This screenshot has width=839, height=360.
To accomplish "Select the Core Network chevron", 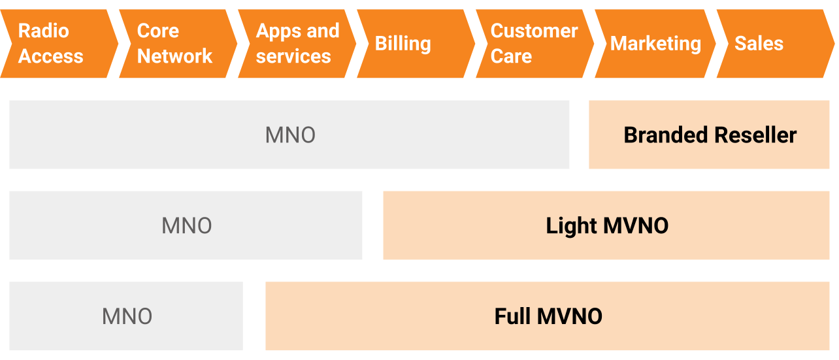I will coord(175,44).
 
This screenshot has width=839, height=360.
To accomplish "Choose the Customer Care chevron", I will coord(533,44).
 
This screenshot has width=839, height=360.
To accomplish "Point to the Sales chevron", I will coord(768,44).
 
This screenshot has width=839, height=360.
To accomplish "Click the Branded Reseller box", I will coord(710,135).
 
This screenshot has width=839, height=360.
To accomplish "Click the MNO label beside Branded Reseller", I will coord(290,135).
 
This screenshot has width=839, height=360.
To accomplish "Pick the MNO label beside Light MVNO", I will coord(186,226).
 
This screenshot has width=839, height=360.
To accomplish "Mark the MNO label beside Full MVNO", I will coord(127,317).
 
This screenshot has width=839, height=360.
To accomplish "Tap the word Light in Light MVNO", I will coord(572,226).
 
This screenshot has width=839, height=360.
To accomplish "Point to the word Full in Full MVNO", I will coord(512,316).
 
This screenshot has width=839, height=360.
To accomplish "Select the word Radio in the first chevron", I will coord(43,31).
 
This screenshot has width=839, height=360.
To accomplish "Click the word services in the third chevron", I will coord(293,56).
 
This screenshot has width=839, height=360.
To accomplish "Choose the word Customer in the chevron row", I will coord(534,31).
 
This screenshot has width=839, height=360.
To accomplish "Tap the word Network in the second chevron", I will coord(174,56).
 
